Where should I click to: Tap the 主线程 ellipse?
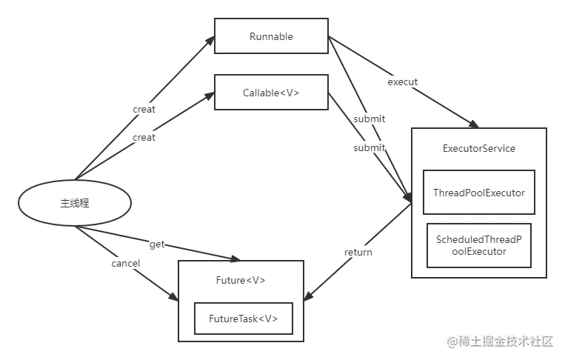(x=74, y=202)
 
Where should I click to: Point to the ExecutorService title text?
(x=478, y=148)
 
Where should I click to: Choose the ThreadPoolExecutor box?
(x=478, y=193)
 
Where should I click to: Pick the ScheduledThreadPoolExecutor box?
(x=478, y=245)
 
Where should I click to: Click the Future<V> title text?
(x=241, y=281)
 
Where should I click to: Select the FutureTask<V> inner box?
(x=241, y=319)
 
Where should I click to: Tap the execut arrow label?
(x=403, y=82)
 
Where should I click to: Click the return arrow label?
(x=358, y=252)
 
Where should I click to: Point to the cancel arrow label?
(x=125, y=263)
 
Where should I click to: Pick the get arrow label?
(x=157, y=244)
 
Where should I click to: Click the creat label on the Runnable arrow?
(x=144, y=109)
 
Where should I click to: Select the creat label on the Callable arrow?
(x=144, y=137)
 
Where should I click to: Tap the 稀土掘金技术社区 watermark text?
(x=506, y=341)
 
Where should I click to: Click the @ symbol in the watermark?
(x=452, y=341)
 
